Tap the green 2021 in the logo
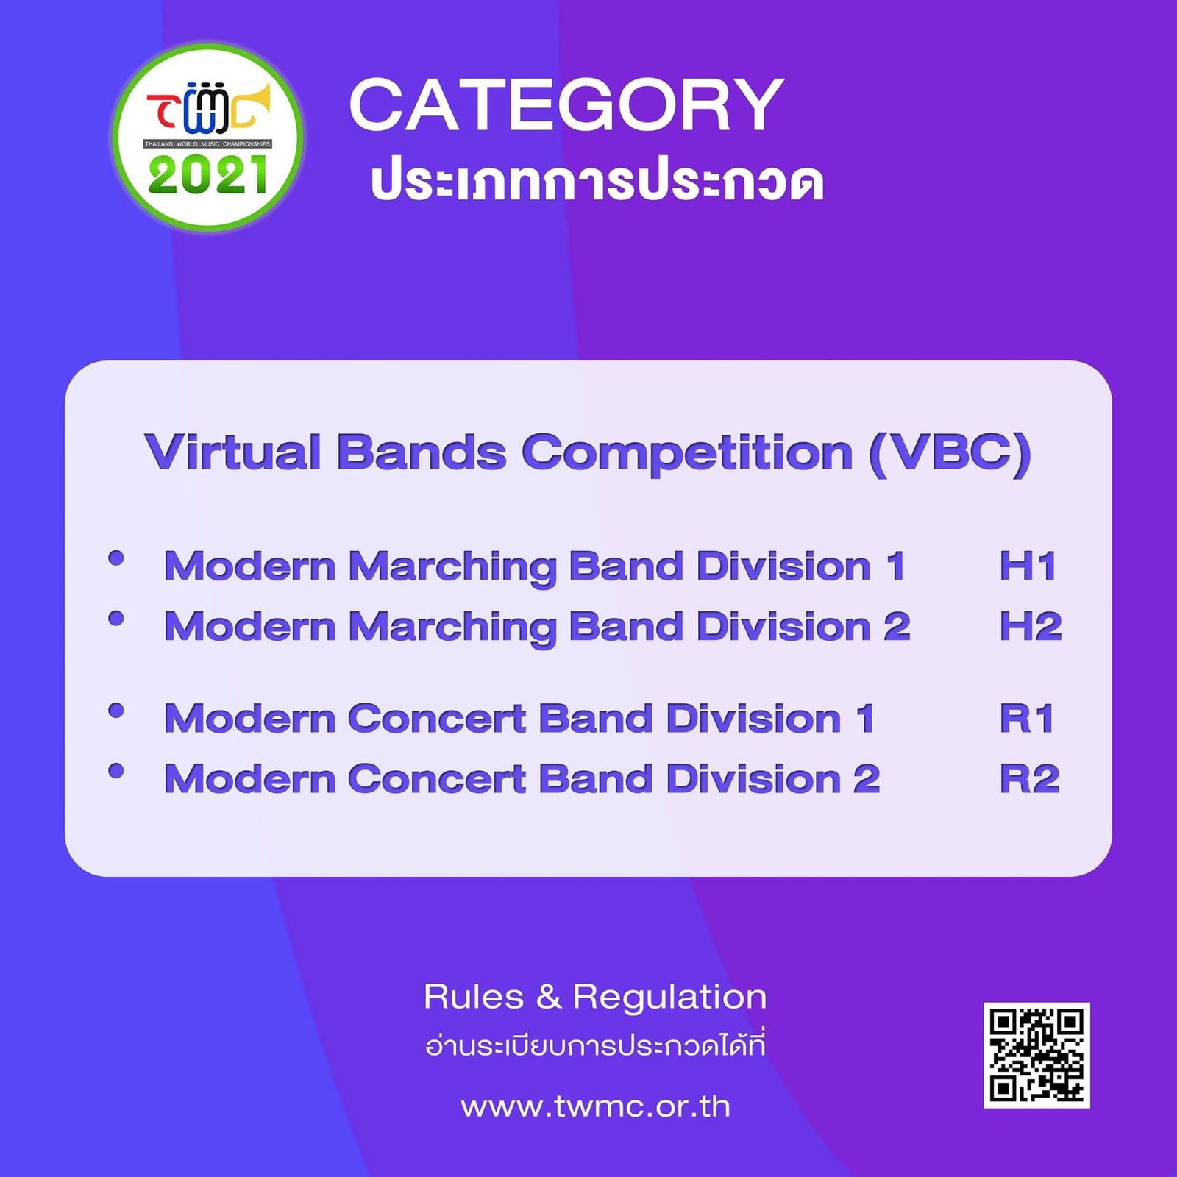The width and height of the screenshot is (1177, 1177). point(208,177)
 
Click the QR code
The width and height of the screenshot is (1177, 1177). point(1036,1054)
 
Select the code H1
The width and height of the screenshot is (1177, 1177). point(1028,566)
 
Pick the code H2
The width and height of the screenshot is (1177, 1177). point(1030,627)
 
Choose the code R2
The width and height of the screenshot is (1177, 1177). point(1029,779)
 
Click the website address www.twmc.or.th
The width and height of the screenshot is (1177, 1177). point(595,1107)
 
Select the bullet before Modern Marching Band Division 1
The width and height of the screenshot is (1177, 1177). point(115,558)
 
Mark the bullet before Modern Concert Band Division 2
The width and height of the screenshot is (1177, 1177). point(115,770)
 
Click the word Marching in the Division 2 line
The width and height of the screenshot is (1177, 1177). point(452,628)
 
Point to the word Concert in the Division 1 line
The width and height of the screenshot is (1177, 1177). point(437,719)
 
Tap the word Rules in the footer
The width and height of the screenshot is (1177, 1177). point(474,998)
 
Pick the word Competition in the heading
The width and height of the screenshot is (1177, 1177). point(687,453)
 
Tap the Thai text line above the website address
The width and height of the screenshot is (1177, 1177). point(595,1045)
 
